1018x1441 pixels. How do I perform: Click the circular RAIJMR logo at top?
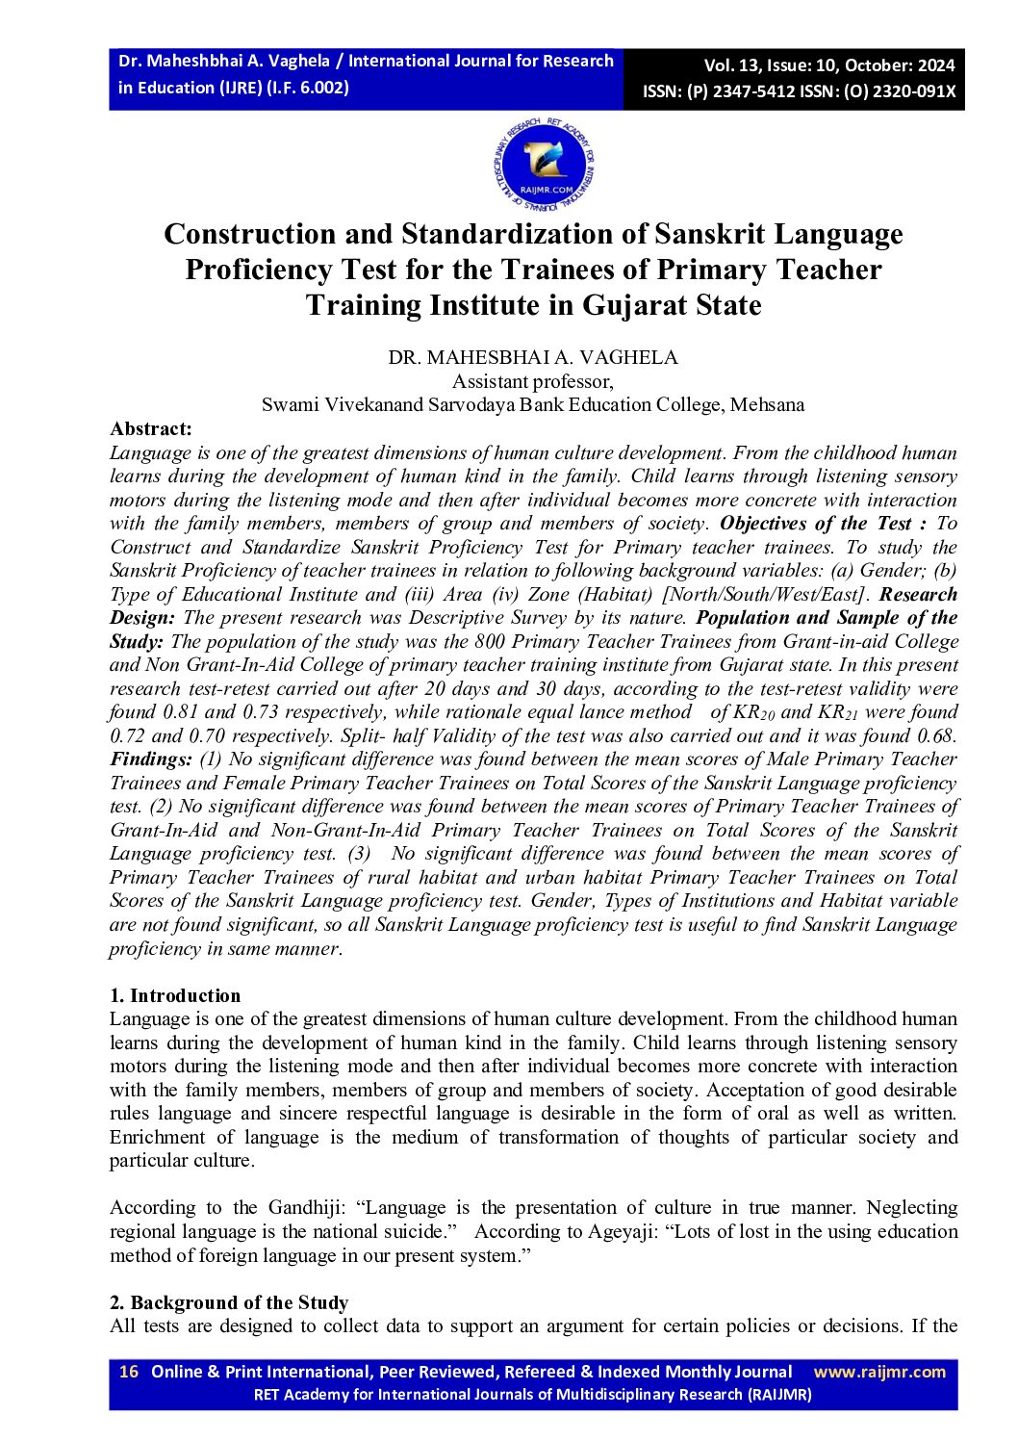coord(545,167)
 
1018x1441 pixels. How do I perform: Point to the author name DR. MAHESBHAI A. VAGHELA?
coord(533,357)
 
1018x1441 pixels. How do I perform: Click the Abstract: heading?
coord(151,429)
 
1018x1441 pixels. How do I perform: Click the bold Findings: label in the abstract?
coord(151,759)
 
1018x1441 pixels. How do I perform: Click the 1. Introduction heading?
coord(175,995)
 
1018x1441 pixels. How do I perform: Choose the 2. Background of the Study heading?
coord(229,1302)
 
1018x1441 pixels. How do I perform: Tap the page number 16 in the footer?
coord(129,1372)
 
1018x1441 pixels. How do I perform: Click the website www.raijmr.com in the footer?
coord(879,1372)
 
